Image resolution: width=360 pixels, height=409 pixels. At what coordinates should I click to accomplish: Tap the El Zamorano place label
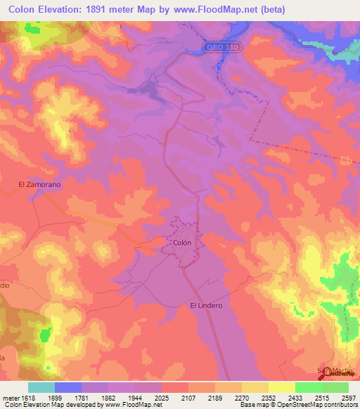point(40,184)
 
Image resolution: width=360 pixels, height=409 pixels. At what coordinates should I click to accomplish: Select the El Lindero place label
point(206,306)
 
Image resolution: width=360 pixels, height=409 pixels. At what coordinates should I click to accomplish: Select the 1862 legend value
point(108,397)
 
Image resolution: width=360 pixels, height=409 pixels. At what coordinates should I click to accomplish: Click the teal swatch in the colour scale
point(41,387)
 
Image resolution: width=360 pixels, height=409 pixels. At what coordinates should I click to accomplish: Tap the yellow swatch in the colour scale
point(282,387)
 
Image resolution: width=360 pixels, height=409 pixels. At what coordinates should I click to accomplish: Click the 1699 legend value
point(55,397)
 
